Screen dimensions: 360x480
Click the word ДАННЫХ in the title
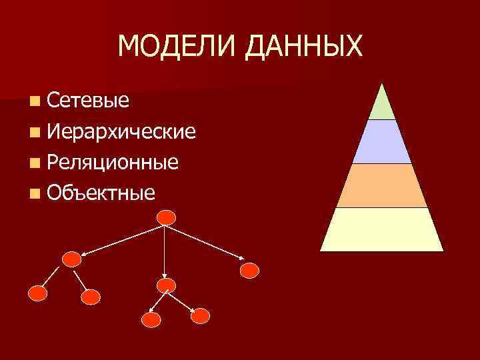click(x=305, y=46)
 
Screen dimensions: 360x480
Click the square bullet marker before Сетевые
click(x=35, y=102)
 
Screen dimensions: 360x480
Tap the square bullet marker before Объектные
click(x=35, y=194)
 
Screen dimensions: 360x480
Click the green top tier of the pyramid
click(x=382, y=105)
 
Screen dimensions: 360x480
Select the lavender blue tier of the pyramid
click(x=382, y=142)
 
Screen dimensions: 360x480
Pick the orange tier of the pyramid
click(x=382, y=186)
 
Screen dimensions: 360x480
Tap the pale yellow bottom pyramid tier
click(x=382, y=229)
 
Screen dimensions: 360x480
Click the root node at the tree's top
click(x=166, y=217)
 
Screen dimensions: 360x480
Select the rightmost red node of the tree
click(x=249, y=270)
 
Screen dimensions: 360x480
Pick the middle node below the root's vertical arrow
click(x=165, y=285)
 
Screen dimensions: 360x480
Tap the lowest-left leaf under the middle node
click(x=152, y=319)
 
